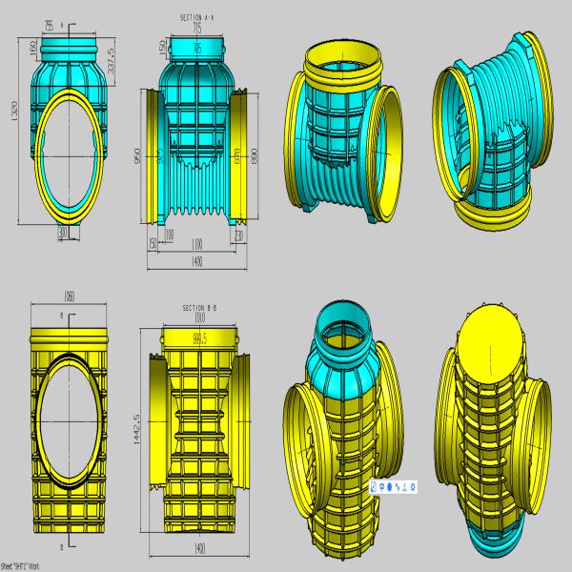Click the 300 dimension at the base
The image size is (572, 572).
64,232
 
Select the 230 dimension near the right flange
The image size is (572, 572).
238,234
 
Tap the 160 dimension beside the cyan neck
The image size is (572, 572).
31,47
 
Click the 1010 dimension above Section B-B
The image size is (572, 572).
199,317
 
